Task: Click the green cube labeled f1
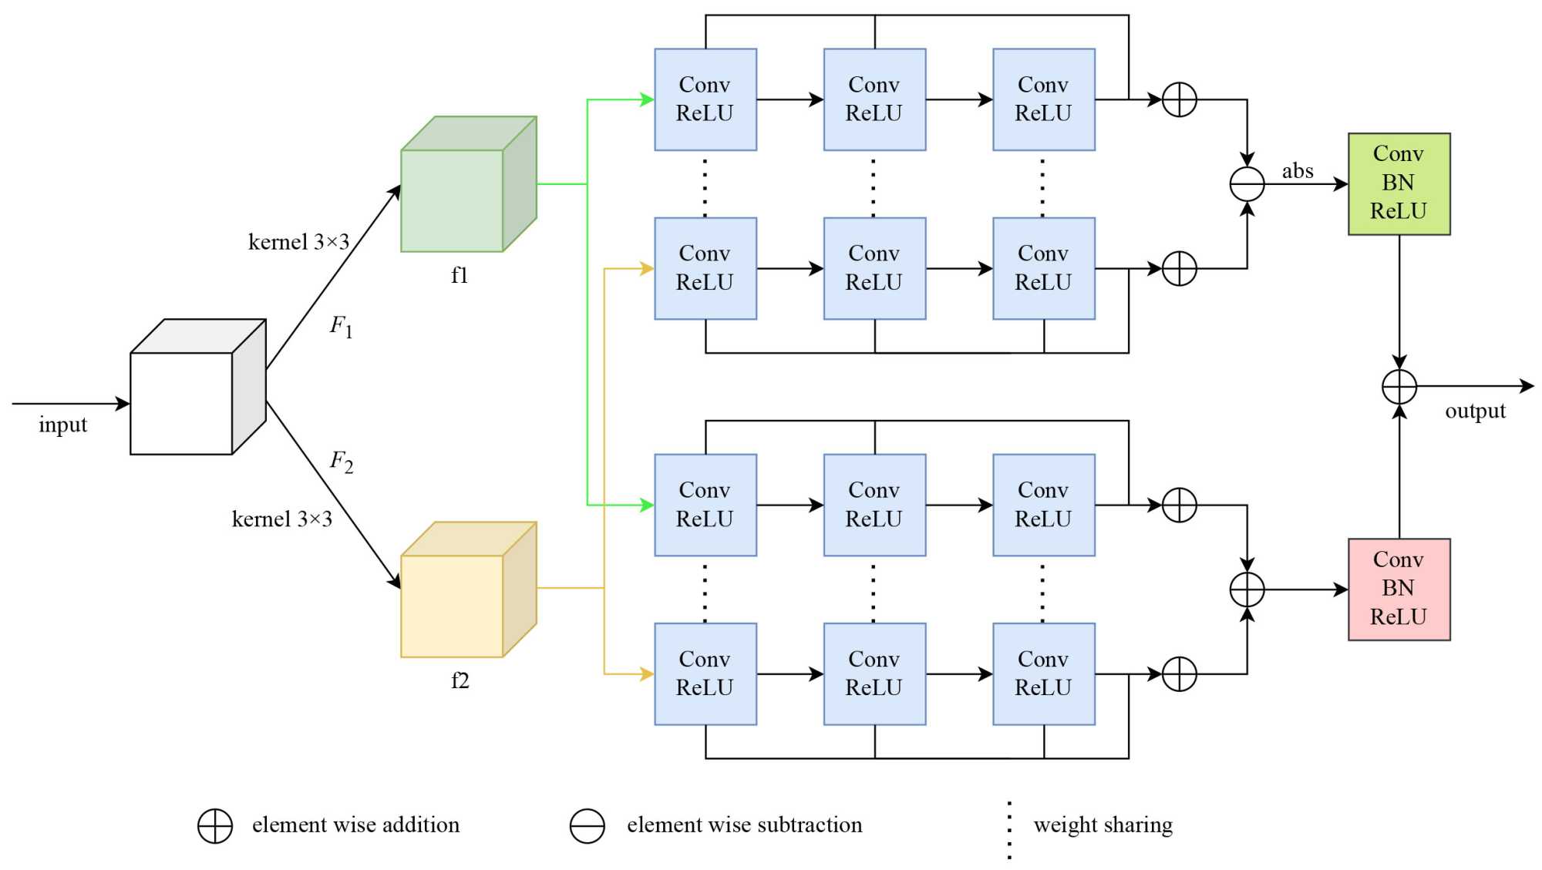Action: pos(467,185)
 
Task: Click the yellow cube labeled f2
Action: pos(467,590)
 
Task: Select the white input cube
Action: pos(197,388)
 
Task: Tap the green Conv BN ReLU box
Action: pos(1399,183)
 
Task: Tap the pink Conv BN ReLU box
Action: pos(1399,590)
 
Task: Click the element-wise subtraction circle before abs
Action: pos(1247,184)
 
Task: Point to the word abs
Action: pos(1298,170)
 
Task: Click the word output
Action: pos(1475,411)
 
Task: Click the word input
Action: pos(62,425)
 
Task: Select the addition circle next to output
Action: pos(1399,386)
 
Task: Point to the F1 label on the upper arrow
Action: pos(341,326)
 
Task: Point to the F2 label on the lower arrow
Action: pos(341,461)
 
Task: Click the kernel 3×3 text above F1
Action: pos(298,242)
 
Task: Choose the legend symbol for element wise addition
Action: pos(215,826)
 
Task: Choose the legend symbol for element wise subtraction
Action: pos(587,826)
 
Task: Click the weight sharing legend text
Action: pos(1103,825)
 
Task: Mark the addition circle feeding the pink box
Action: pos(1247,590)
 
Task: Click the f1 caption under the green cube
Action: pos(460,275)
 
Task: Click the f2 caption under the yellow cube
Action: pos(460,680)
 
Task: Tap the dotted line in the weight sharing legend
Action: pos(1009,830)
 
